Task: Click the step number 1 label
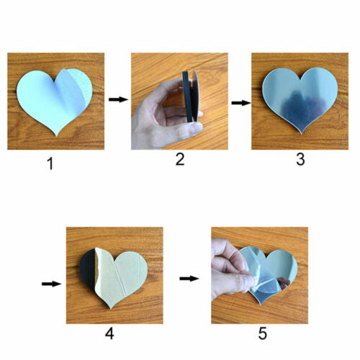coord(50,164)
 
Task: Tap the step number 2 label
coord(180,159)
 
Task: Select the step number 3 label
coord(300,159)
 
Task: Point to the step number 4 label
coord(109,333)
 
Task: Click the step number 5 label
coord(263,333)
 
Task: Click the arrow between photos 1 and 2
coord(119,99)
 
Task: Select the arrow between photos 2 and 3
coord(241,103)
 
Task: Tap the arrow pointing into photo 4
coord(52,284)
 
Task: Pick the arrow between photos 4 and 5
coord(189,279)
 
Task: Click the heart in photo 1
coord(55,101)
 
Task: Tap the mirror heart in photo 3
coord(300,99)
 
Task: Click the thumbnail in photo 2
coord(195,128)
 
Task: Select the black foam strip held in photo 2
coord(188,96)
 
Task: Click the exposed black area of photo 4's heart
coord(87,269)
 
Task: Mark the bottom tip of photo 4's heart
coord(110,309)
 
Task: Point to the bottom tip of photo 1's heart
coord(56,136)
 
